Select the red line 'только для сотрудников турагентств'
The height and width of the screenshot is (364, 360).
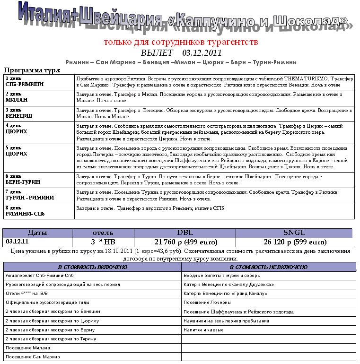coord(181,42)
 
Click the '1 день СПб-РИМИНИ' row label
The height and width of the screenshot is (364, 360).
coord(25,81)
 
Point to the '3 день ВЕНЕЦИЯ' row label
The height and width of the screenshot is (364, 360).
coord(19,113)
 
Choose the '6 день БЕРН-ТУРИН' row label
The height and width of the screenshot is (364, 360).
coord(23,179)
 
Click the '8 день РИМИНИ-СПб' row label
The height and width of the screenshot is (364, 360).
coord(25,210)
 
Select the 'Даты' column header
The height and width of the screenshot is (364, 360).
coord(37,233)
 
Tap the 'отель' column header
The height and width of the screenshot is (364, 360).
coord(103,233)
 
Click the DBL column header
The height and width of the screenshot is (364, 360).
coord(185,233)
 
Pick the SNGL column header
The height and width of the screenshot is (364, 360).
coord(294,233)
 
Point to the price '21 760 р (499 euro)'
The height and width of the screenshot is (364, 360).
coord(185,242)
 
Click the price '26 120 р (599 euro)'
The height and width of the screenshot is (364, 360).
coord(294,242)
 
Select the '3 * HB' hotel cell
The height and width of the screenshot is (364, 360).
coord(103,242)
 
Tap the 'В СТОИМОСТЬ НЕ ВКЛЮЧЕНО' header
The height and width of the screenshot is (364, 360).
coord(268,267)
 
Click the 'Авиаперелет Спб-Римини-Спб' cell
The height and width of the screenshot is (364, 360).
coord(39,276)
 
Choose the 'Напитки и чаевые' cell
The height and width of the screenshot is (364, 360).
coord(203,330)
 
